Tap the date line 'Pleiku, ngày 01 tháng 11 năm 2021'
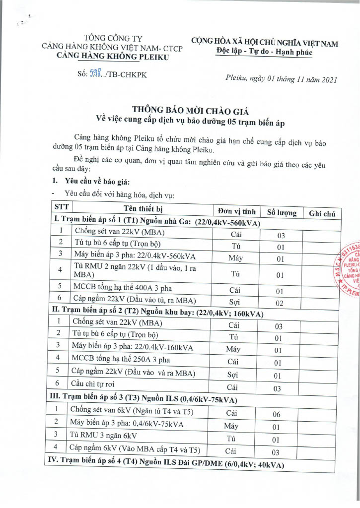[281, 78]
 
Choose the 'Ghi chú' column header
[322, 214]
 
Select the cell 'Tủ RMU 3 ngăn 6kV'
[104, 436]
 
